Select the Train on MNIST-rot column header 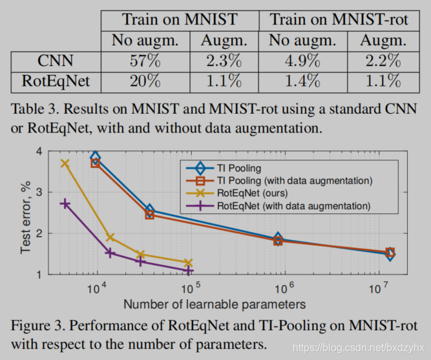(x=339, y=19)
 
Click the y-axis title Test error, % (x=26, y=213)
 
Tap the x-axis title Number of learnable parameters (x=215, y=303)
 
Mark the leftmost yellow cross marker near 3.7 (x=65, y=164)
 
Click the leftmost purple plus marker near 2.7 (x=65, y=204)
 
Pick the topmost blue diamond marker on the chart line (x=95, y=156)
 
